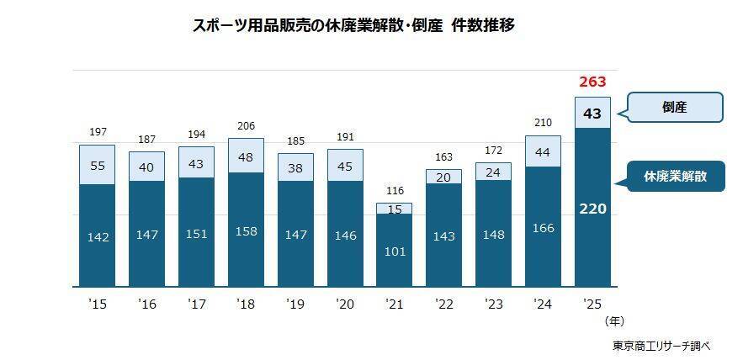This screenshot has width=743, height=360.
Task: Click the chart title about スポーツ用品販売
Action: point(353,26)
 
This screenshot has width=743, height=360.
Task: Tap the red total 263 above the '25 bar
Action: point(592,82)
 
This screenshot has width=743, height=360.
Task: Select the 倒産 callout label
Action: point(675,108)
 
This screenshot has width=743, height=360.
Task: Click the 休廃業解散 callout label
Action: point(677,177)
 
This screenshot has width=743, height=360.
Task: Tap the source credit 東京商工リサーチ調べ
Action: point(661,346)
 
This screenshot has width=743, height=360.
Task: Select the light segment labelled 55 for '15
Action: point(97,166)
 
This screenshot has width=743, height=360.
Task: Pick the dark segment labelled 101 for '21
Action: point(394,251)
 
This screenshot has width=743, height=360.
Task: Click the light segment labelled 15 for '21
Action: point(394,209)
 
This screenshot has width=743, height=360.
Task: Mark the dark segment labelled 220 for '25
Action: point(592,209)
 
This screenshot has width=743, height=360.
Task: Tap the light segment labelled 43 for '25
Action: point(592,113)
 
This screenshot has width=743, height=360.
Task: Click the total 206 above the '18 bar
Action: point(246,125)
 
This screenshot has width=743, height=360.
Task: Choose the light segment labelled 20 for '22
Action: point(443,177)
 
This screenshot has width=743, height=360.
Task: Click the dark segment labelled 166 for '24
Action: point(543,228)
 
